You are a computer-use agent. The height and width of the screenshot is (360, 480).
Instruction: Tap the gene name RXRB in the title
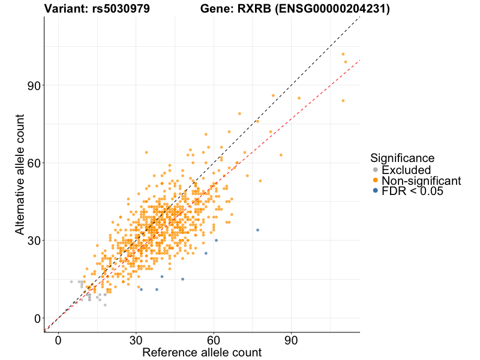[x=255, y=9]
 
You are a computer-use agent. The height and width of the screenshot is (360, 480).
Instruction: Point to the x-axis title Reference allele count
[x=202, y=352]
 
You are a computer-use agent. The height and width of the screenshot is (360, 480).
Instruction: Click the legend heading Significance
[x=402, y=158]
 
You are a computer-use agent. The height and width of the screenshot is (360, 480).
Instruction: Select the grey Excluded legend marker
[x=376, y=170]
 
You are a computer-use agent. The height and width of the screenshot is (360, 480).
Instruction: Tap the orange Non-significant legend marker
[x=376, y=181]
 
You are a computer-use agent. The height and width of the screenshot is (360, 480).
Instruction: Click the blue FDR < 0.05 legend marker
[x=376, y=191]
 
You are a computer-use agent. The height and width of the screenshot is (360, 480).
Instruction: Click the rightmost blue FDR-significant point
[x=257, y=230]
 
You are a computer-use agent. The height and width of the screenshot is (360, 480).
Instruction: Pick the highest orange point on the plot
[x=343, y=54]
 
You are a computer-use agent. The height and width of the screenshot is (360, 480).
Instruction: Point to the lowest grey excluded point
[x=105, y=305]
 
